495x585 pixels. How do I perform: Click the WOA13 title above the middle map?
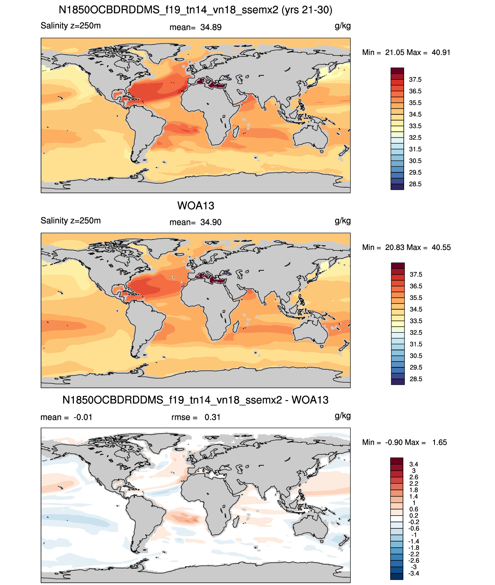pos(196,206)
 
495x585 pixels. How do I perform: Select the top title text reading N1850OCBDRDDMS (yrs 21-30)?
pos(195,10)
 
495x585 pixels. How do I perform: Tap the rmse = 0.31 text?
pos(196,417)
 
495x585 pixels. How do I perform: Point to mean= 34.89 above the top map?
pos(195,27)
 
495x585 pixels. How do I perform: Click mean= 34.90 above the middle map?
pos(195,222)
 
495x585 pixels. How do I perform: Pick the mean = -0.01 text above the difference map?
pos(66,417)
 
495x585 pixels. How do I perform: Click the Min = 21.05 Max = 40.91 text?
pos(406,52)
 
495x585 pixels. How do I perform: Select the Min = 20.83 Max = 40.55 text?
pos(406,247)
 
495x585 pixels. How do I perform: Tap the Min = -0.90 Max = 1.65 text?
pos(404,443)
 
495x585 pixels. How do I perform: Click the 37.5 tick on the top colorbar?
pos(415,80)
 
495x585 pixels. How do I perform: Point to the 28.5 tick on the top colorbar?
pos(415,184)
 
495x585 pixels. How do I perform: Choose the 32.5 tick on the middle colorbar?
pos(416,332)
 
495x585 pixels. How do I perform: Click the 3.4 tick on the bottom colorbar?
pos(413,464)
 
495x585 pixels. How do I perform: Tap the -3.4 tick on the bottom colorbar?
pos(413,573)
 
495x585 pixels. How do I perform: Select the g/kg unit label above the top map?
pos(342,26)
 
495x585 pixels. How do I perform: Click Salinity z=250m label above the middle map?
pos(70,221)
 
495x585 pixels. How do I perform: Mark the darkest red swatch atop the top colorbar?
pos(397,71)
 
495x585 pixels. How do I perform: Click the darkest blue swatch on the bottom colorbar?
pos(396,576)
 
